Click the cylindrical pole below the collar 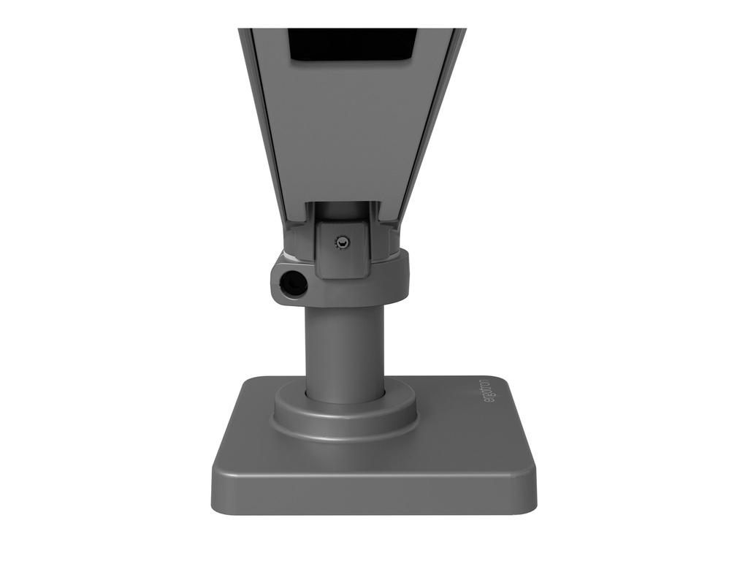[x=345, y=351]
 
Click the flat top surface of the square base [x=453, y=446]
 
